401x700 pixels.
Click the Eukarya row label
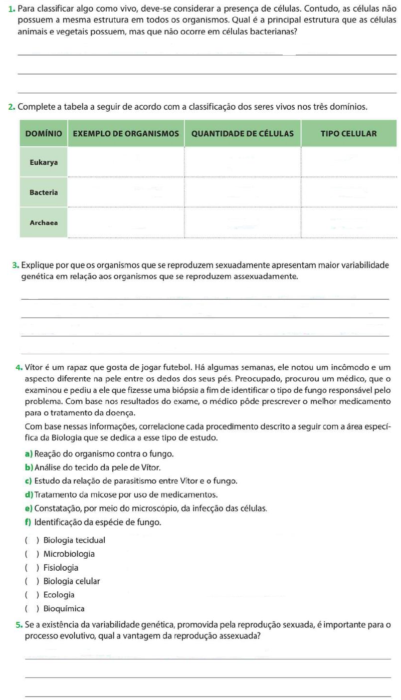pos(44,162)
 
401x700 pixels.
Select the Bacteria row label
pos(44,192)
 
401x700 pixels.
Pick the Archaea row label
pos(44,222)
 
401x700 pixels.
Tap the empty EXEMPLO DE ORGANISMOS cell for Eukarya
pos(126,162)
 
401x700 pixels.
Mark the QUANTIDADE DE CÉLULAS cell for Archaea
pos(243,222)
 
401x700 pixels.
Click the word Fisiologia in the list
pos(61,568)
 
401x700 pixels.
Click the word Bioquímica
pos(64,609)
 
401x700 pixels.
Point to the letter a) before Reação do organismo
pos(29,454)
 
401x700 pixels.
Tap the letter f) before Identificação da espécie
pos(28,522)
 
